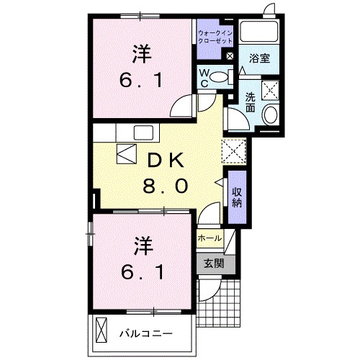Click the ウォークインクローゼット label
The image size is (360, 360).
click(215, 37)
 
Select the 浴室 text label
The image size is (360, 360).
click(260, 58)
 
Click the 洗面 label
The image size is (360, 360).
click(250, 103)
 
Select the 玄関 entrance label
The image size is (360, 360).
click(212, 264)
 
